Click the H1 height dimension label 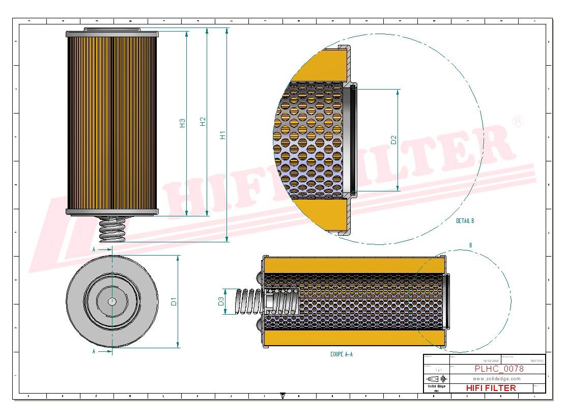tap(222, 135)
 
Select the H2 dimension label tap(203, 122)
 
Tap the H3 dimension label tap(182, 123)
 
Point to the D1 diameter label tap(174, 301)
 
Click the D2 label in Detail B tap(393, 140)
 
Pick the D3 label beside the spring tap(221, 301)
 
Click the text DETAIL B tap(465, 221)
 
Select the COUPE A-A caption tap(341, 354)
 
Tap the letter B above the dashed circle tap(470, 245)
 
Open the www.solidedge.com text tap(496, 379)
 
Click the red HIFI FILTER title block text tap(491, 388)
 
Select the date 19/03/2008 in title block tap(491, 360)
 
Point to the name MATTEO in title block tap(536, 360)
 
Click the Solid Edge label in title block tap(436, 387)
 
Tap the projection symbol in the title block tap(436, 379)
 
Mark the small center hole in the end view tap(112, 301)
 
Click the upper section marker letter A tap(94, 249)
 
